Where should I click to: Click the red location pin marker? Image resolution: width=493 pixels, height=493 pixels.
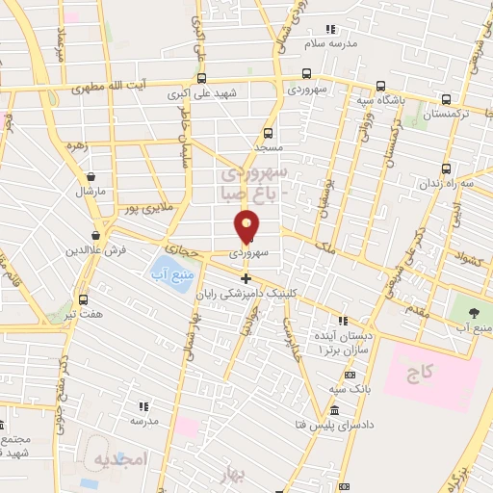tap(247, 226)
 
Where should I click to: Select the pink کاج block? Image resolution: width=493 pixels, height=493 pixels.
tap(432, 371)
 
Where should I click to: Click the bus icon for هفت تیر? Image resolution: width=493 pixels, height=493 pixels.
tap(83, 299)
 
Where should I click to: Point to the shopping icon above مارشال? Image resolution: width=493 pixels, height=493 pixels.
tap(91, 177)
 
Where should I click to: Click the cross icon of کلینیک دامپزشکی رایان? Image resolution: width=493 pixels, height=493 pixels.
tap(246, 278)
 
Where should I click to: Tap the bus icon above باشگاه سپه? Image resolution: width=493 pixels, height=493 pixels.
tap(380, 83)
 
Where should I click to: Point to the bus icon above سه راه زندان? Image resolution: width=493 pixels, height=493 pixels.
tap(424, 165)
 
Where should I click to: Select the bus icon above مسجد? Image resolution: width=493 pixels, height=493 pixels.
tap(268, 133)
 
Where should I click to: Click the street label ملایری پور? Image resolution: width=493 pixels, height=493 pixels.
tap(144, 207)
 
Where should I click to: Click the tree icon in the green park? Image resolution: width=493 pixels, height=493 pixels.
tap(474, 312)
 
